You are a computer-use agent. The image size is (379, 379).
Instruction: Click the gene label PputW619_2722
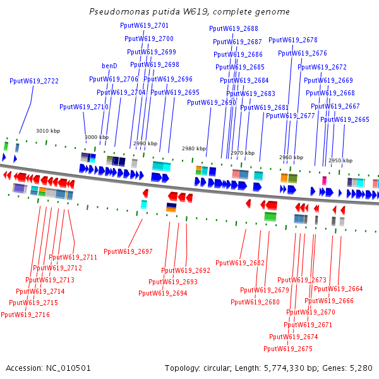[34, 81]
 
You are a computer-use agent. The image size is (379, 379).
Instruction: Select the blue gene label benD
[109, 66]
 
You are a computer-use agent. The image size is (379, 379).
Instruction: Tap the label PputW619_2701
[144, 25]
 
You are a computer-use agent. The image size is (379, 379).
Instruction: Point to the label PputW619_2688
[234, 28]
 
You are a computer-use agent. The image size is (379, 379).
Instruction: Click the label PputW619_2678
[293, 40]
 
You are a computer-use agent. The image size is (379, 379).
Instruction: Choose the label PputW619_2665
[345, 119]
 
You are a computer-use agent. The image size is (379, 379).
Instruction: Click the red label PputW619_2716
[25, 315]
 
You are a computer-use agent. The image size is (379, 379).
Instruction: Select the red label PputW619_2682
[240, 263]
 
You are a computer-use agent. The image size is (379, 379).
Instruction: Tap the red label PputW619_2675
[288, 349]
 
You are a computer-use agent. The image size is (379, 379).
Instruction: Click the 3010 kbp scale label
[48, 131]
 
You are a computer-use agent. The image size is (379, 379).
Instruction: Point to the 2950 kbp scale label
[340, 160]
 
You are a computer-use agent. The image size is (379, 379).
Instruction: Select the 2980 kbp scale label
[194, 148]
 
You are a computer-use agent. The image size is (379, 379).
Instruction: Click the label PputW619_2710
[84, 107]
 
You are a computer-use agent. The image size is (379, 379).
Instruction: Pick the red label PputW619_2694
[163, 293]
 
